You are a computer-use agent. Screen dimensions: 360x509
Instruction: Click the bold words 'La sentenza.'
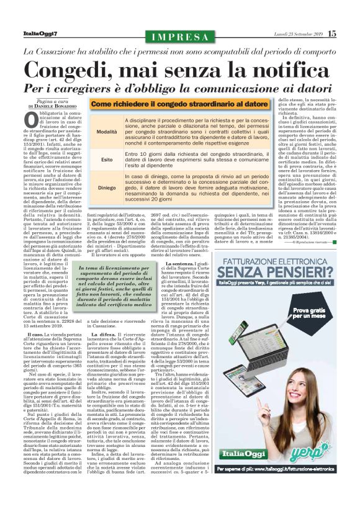coord(171,263)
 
